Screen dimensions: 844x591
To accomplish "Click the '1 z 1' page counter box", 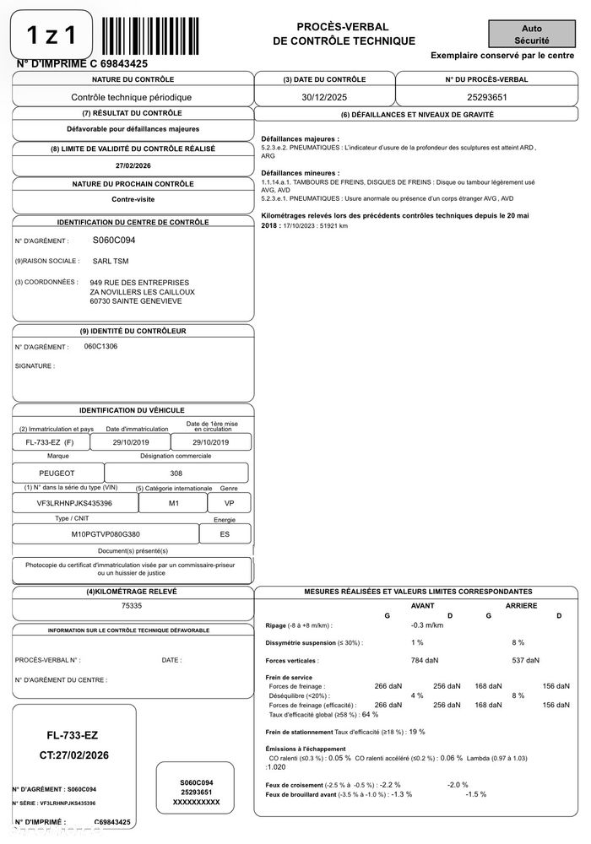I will [52, 35].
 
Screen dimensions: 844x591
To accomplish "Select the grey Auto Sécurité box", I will [532, 34].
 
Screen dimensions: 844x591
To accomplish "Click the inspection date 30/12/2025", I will [324, 97].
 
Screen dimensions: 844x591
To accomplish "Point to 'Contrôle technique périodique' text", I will [132, 97].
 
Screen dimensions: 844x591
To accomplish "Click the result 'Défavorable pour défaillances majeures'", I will [133, 129].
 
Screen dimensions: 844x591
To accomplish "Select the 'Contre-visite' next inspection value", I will [133, 200].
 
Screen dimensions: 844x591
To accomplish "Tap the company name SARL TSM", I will [110, 261].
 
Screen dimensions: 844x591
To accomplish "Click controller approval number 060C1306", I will [101, 346].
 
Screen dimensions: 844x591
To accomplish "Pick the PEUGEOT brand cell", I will [57, 473].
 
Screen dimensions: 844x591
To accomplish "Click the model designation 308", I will [176, 473].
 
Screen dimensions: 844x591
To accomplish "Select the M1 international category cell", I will [174, 503].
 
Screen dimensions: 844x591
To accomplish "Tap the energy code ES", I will [225, 534].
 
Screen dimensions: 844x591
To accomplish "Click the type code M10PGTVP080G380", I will [106, 534].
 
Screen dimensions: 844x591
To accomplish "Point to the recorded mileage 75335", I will [133, 605].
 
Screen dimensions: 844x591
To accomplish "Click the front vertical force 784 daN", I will [425, 660].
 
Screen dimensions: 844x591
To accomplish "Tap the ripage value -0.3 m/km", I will [427, 625].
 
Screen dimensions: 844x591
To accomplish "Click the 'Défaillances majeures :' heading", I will [301, 138].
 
